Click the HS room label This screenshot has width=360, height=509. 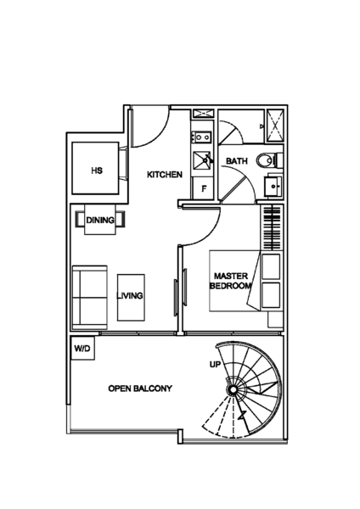coord(97,171)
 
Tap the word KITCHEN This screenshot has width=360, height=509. coord(165,175)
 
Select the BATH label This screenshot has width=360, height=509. coord(237,161)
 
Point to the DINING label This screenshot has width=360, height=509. coord(100,220)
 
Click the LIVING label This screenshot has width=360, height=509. coord(130,296)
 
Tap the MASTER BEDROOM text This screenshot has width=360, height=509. coord(231,281)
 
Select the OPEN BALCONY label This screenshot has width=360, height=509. coord(140,389)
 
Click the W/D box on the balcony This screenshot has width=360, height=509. coord(82,349)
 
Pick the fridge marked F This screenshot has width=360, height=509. coord(204,188)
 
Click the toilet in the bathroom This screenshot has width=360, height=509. coord(268,160)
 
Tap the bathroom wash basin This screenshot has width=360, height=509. coord(273,187)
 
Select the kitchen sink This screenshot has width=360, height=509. coord(202,160)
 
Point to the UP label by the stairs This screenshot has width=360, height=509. coord(215,365)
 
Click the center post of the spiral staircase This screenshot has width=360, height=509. coord(233,390)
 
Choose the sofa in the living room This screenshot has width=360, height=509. coord(89,298)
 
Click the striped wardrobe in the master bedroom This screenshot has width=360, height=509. coord(272,228)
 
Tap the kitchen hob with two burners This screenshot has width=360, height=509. coord(202,137)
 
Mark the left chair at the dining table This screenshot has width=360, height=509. coord(80,220)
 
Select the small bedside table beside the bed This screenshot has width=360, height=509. coord(275,320)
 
